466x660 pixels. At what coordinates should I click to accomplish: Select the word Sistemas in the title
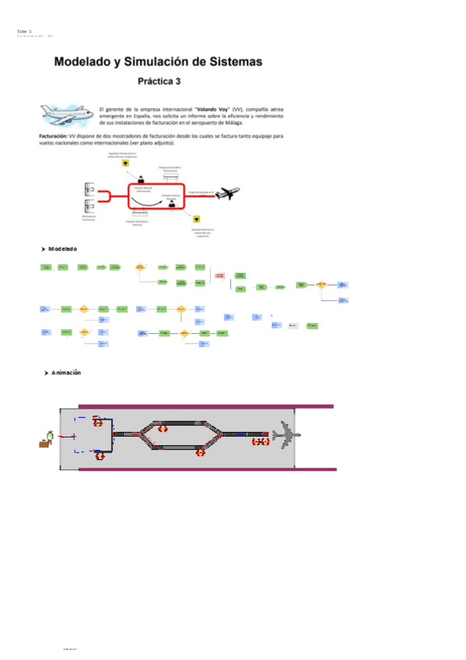231,61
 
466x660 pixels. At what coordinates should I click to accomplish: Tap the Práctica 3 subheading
159,80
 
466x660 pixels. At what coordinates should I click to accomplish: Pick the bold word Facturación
54,135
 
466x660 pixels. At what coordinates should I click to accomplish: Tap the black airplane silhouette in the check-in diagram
228,193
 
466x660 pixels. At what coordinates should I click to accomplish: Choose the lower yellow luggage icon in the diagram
197,220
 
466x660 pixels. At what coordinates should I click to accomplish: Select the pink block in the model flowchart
219,276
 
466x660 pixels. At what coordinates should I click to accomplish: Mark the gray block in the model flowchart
293,325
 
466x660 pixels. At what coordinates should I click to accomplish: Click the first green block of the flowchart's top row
47,267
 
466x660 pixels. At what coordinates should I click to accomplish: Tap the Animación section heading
66,374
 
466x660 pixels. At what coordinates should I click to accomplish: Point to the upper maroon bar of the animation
206,405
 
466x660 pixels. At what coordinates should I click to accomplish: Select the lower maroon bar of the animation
206,469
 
